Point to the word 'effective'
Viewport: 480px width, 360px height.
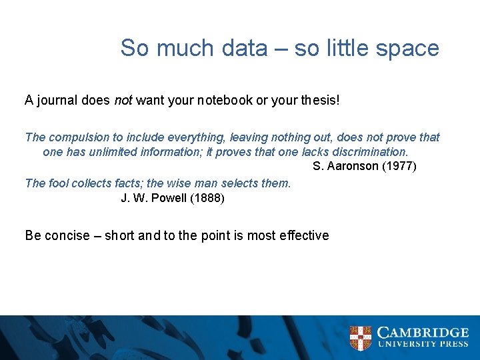tap(305, 235)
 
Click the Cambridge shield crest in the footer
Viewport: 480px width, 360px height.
tap(361, 338)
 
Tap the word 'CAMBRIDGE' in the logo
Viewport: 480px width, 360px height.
tap(423, 333)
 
